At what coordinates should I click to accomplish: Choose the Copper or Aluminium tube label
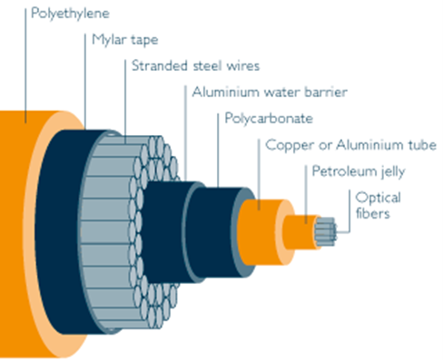point(350,144)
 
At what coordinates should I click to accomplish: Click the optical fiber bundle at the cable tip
point(324,230)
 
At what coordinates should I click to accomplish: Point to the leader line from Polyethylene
point(26,73)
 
